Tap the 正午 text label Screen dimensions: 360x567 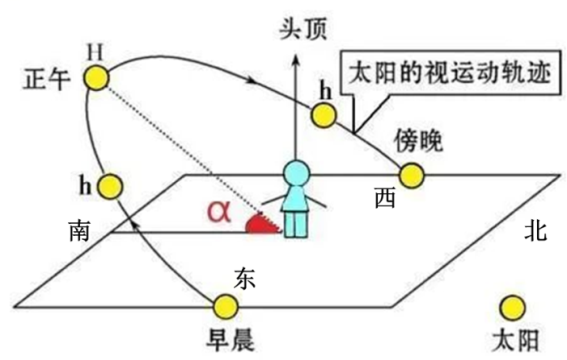click(x=45, y=80)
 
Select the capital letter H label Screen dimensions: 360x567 click(x=95, y=50)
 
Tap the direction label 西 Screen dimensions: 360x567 click(x=384, y=199)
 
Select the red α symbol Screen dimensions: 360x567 click(x=219, y=211)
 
